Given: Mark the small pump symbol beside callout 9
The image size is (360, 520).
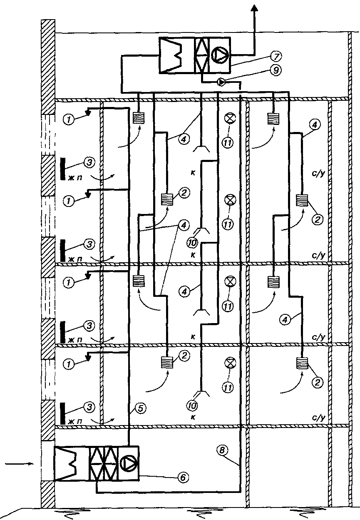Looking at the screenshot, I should pyautogui.click(x=222, y=82).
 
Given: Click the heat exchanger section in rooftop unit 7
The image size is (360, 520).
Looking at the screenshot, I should pyautogui.click(x=201, y=55).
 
